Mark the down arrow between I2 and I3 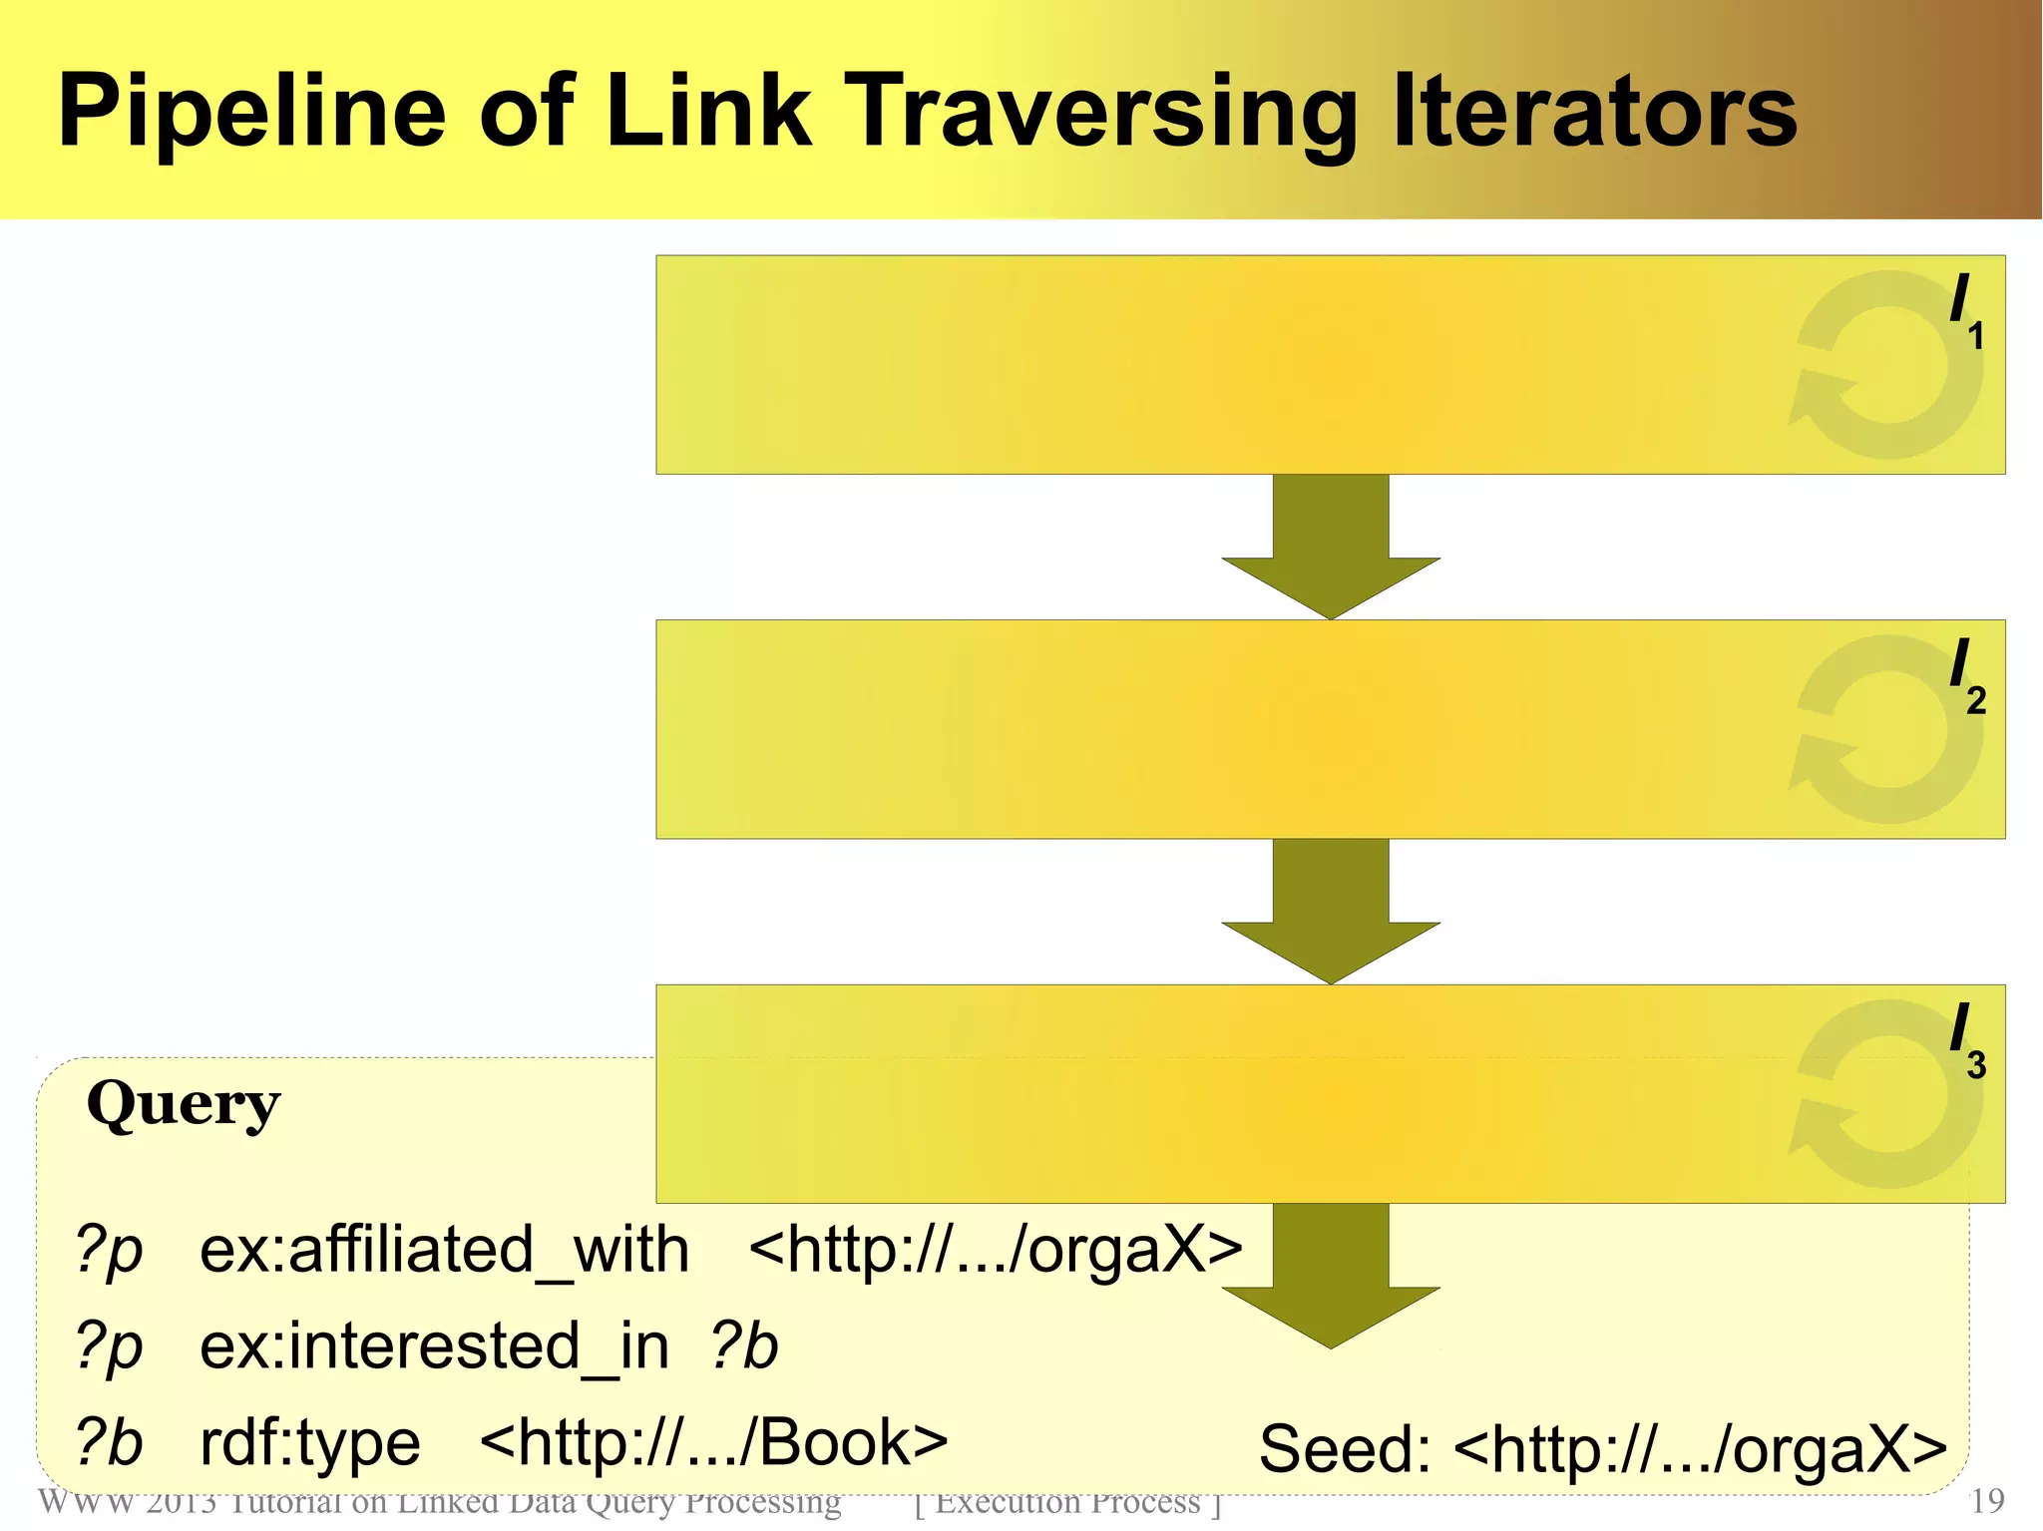click(x=1331, y=912)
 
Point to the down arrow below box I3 click(x=1331, y=1277)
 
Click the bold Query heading click(x=184, y=1105)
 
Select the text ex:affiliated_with click(x=444, y=1250)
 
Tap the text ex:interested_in click(x=434, y=1346)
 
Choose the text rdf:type click(x=310, y=1443)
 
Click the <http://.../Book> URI click(x=713, y=1442)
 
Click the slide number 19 click(x=1988, y=1501)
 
